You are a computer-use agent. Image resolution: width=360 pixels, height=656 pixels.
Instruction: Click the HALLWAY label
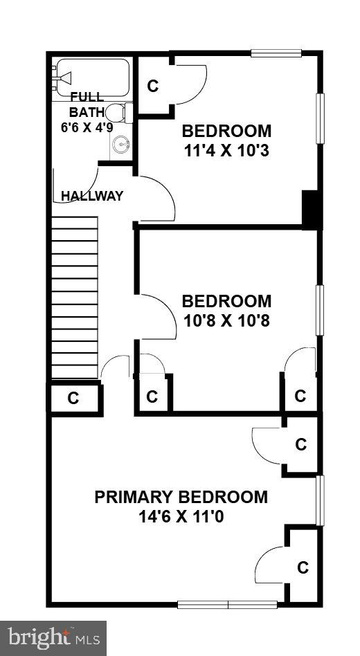pyautogui.click(x=92, y=196)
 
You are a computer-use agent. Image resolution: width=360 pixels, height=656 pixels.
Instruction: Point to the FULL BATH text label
pyautogui.click(x=87, y=104)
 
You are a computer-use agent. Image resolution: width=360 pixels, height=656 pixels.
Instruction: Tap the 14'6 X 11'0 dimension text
pyautogui.click(x=181, y=516)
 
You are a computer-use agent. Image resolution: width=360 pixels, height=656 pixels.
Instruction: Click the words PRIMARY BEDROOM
pyautogui.click(x=181, y=497)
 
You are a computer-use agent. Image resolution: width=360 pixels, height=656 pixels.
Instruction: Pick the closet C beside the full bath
pyautogui.click(x=153, y=86)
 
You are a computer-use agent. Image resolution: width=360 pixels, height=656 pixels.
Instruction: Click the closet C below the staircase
pyautogui.click(x=73, y=399)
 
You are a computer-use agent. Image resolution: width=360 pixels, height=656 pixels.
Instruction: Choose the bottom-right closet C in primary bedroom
pyautogui.click(x=303, y=567)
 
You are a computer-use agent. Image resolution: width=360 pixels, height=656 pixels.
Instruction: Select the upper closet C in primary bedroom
pyautogui.click(x=300, y=445)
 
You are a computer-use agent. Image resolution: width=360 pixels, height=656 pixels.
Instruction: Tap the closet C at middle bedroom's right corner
pyautogui.click(x=300, y=396)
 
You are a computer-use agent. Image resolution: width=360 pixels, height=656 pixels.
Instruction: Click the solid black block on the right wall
pyautogui.click(x=312, y=210)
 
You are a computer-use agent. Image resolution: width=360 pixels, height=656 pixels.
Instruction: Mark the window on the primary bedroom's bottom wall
pyautogui.click(x=228, y=604)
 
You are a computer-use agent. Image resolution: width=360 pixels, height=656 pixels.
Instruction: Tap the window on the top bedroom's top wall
pyautogui.click(x=276, y=53)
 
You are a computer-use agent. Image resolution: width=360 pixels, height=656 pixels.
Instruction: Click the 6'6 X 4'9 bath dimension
pyautogui.click(x=87, y=127)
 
